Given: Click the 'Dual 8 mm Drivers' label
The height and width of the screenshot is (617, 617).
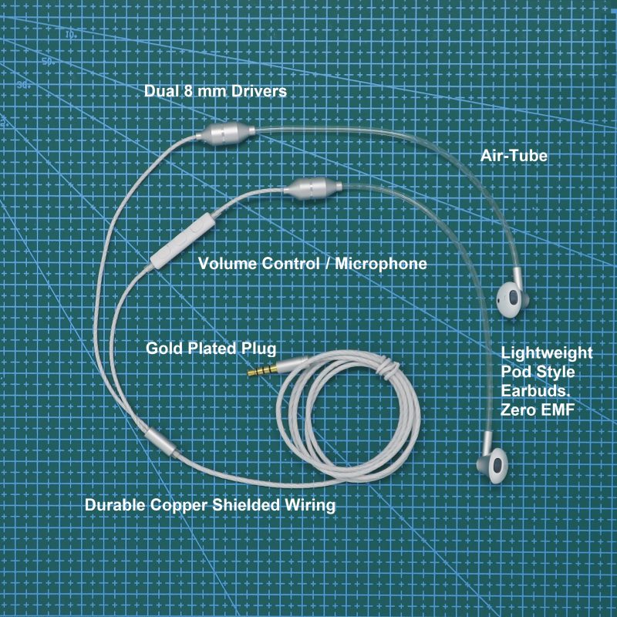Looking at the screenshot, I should [216, 91].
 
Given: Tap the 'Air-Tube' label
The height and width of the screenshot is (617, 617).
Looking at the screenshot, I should [514, 156].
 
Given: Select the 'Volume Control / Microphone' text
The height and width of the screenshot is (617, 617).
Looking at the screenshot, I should [312, 264].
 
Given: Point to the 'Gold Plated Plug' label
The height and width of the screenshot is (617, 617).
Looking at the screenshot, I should [211, 349].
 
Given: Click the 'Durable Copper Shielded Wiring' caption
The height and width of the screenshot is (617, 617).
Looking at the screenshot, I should [210, 506].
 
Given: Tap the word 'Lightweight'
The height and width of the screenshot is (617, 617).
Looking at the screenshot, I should [547, 353].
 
